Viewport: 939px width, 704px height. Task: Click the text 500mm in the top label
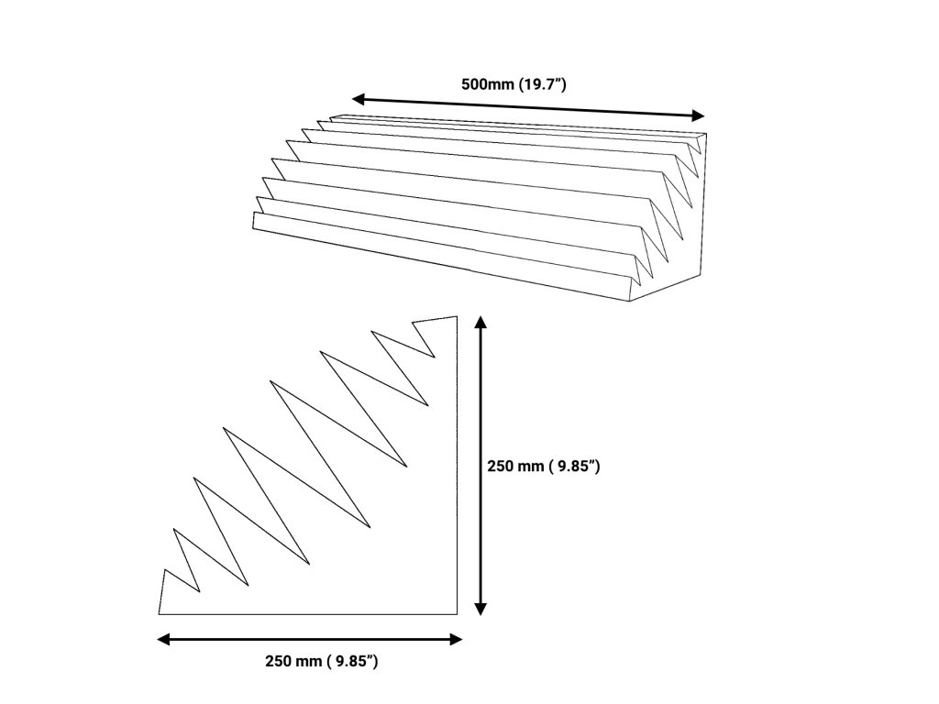487,84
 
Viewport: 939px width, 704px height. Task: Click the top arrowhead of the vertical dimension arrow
481,322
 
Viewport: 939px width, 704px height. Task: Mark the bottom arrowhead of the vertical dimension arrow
481,609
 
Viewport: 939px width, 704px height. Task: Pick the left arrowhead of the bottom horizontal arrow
164,639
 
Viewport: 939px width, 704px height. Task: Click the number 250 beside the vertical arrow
501,467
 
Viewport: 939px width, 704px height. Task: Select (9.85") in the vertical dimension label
574,467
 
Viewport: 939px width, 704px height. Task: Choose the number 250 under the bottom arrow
279,661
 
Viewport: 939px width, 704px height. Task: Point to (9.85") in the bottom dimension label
352,661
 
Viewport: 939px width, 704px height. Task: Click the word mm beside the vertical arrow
532,467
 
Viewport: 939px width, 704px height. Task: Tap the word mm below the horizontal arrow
310,661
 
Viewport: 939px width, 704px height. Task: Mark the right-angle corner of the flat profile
457,612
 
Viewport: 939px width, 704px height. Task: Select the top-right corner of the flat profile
457,317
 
